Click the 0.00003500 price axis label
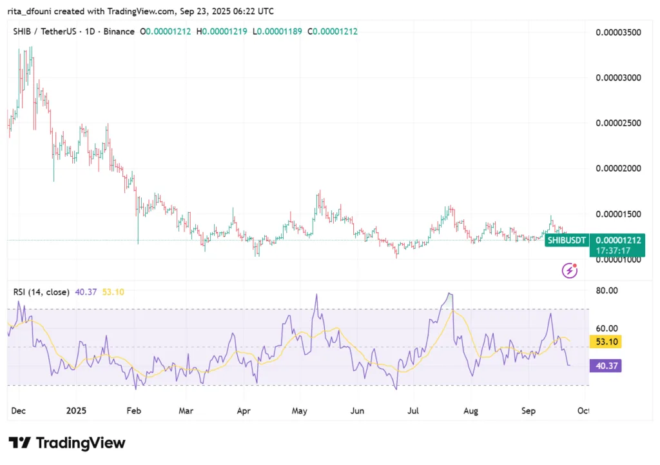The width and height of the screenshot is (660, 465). (619, 32)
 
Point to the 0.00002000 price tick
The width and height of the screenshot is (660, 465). (619, 168)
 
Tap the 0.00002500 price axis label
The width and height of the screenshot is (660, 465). (619, 123)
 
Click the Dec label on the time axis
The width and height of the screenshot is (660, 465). (19, 410)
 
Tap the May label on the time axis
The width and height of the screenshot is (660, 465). (300, 410)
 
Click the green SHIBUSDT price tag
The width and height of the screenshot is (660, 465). (567, 241)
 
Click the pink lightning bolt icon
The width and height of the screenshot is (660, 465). (569, 270)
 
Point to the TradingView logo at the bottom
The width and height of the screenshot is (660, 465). (67, 443)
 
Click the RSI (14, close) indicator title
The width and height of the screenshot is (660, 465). (41, 292)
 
